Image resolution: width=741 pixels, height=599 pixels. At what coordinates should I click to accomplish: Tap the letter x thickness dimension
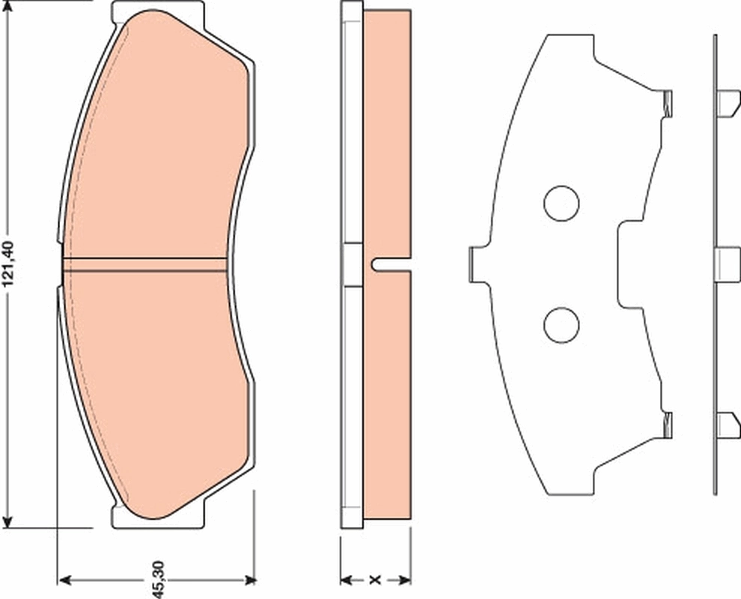(376, 580)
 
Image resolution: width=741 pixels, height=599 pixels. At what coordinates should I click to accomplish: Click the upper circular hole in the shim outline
(561, 203)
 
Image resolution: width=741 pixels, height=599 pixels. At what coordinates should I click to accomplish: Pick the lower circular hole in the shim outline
(561, 324)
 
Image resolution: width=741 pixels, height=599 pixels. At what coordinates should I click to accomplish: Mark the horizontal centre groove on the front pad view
(146, 264)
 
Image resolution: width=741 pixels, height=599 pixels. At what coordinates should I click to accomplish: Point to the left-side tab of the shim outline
(475, 264)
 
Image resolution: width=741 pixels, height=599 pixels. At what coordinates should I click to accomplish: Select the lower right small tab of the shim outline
(668, 425)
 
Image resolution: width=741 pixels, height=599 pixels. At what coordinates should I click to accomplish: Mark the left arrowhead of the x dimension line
(347, 580)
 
